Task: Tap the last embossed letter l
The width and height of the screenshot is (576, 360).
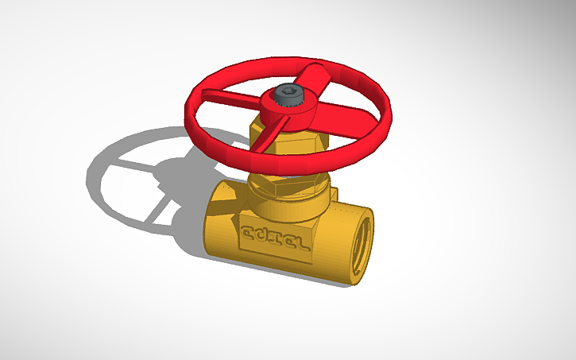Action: (302, 242)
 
